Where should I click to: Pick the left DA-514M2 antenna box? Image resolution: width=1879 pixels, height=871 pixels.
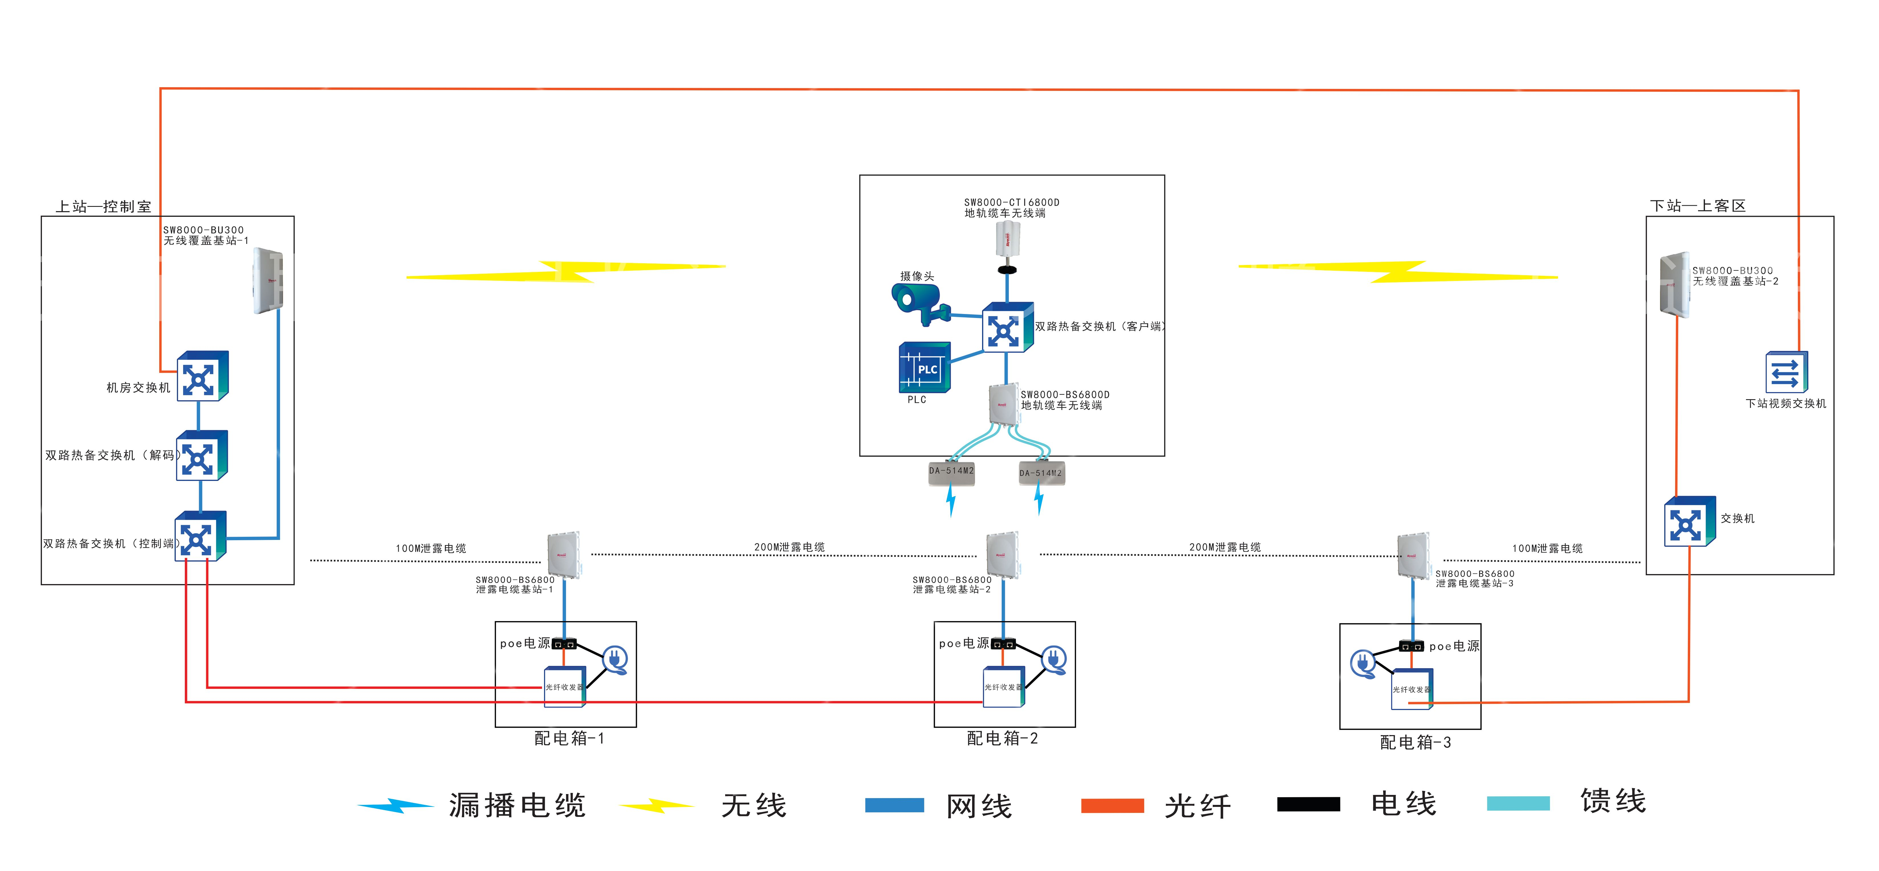click(951, 472)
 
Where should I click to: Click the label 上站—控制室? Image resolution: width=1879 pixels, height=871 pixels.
click(104, 207)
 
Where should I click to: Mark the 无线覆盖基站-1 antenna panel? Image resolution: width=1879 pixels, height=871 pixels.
click(268, 281)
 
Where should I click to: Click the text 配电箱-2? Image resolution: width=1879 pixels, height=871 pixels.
click(1002, 738)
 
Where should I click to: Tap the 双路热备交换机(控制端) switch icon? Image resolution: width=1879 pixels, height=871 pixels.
click(200, 538)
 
